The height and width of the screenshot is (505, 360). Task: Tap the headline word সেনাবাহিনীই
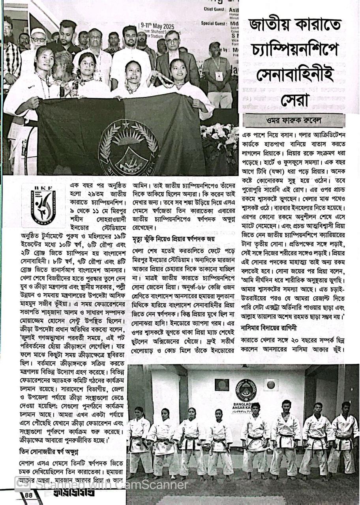[289, 74]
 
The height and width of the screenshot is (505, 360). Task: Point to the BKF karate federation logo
[43, 205]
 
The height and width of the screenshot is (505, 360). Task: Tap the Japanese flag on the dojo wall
[271, 384]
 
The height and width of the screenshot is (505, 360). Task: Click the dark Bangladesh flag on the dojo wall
[221, 384]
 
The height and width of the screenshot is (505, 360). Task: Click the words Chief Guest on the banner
[214, 9]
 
